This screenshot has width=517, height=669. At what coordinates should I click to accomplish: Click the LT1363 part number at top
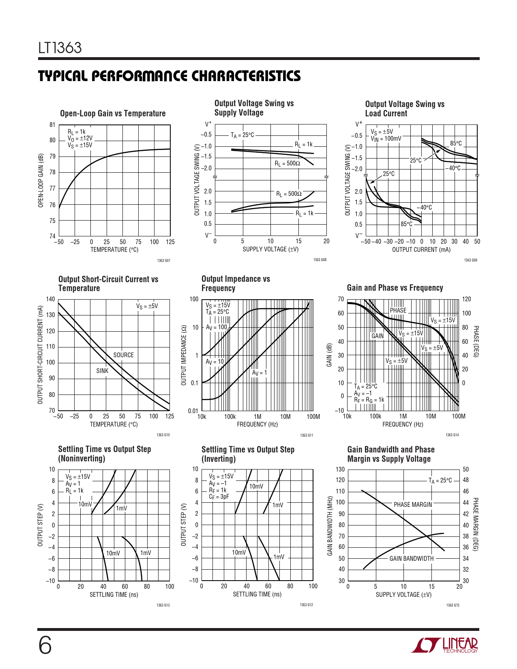tap(60, 48)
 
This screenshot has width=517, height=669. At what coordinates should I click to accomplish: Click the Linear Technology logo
tap(444, 645)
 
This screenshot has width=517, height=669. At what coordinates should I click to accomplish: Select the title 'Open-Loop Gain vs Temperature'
tap(113, 114)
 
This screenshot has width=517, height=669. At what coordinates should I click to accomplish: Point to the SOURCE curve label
tap(123, 355)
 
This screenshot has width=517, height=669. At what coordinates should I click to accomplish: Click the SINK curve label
tap(102, 371)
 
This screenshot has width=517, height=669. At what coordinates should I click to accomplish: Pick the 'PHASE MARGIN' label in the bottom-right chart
tap(413, 504)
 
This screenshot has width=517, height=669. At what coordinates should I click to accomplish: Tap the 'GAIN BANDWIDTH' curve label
tap(412, 558)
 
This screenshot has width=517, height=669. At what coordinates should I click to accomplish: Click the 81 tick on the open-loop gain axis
tap(52, 125)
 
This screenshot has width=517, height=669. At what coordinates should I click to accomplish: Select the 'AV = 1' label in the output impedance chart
tap(260, 373)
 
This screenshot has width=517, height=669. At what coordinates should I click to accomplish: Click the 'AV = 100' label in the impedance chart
tap(217, 327)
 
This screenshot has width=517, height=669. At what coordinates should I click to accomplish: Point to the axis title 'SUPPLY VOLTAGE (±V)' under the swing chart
tap(270, 249)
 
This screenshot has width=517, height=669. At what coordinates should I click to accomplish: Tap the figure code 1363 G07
tap(163, 260)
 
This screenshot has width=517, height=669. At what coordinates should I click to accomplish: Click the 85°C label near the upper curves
tap(456, 144)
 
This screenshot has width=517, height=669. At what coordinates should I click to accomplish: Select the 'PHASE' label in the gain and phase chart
tap(398, 310)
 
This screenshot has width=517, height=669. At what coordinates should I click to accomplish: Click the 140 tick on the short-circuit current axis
tap(50, 299)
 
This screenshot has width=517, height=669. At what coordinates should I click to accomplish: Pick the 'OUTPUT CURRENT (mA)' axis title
tap(421, 250)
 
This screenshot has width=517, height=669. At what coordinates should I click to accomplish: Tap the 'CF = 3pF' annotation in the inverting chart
tap(219, 497)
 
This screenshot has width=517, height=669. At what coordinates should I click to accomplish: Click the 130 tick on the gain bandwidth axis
tap(340, 470)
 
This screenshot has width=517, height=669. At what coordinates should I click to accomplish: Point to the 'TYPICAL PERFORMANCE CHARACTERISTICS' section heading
tap(169, 76)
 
